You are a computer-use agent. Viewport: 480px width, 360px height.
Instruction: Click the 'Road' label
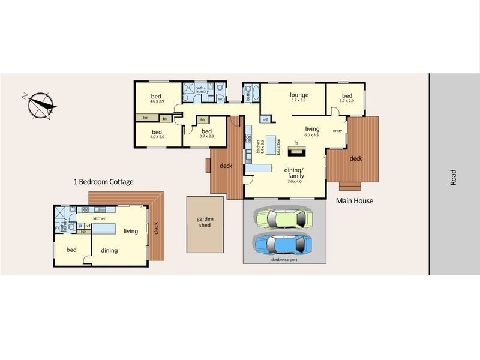[454, 177]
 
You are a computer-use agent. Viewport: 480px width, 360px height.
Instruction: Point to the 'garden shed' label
[205, 222]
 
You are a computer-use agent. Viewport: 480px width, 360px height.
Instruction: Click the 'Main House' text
[354, 201]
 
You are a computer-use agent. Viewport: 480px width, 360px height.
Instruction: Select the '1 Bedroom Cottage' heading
[103, 181]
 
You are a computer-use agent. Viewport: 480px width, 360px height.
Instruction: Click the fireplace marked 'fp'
[296, 148]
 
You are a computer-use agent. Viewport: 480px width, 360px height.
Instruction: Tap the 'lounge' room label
[299, 95]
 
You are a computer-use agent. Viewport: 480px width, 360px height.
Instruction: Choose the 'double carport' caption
[284, 260]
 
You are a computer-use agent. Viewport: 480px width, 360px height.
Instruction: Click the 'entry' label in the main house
[337, 131]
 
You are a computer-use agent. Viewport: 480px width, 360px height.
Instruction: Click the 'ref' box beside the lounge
[265, 119]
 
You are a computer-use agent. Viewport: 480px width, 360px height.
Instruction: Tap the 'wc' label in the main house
[221, 98]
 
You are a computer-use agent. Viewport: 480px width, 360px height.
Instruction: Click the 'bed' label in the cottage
[71, 250]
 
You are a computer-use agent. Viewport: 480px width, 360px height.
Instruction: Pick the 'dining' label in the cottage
[109, 250]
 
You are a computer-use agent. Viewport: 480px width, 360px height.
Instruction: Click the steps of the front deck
[350, 186]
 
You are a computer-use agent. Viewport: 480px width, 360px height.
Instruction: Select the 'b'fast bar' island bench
[273, 145]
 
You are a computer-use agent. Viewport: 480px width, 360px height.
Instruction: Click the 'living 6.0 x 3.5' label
[312, 131]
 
